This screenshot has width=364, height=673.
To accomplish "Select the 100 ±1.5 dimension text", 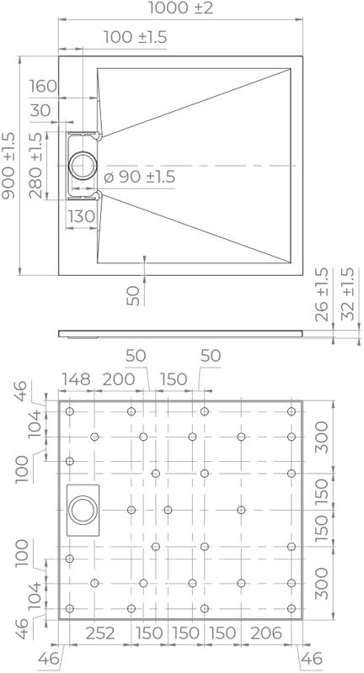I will (136, 36).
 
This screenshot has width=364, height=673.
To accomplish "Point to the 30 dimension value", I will (40, 109).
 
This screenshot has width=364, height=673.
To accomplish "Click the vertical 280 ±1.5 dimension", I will (35, 165).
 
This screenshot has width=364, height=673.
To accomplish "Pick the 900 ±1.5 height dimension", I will (9, 165).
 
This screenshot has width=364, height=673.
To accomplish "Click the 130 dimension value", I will (81, 216).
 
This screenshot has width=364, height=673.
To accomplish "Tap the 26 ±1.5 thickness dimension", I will (320, 295).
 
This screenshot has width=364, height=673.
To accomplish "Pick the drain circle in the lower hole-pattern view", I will (83, 510).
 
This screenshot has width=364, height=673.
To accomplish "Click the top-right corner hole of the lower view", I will (291, 411).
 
